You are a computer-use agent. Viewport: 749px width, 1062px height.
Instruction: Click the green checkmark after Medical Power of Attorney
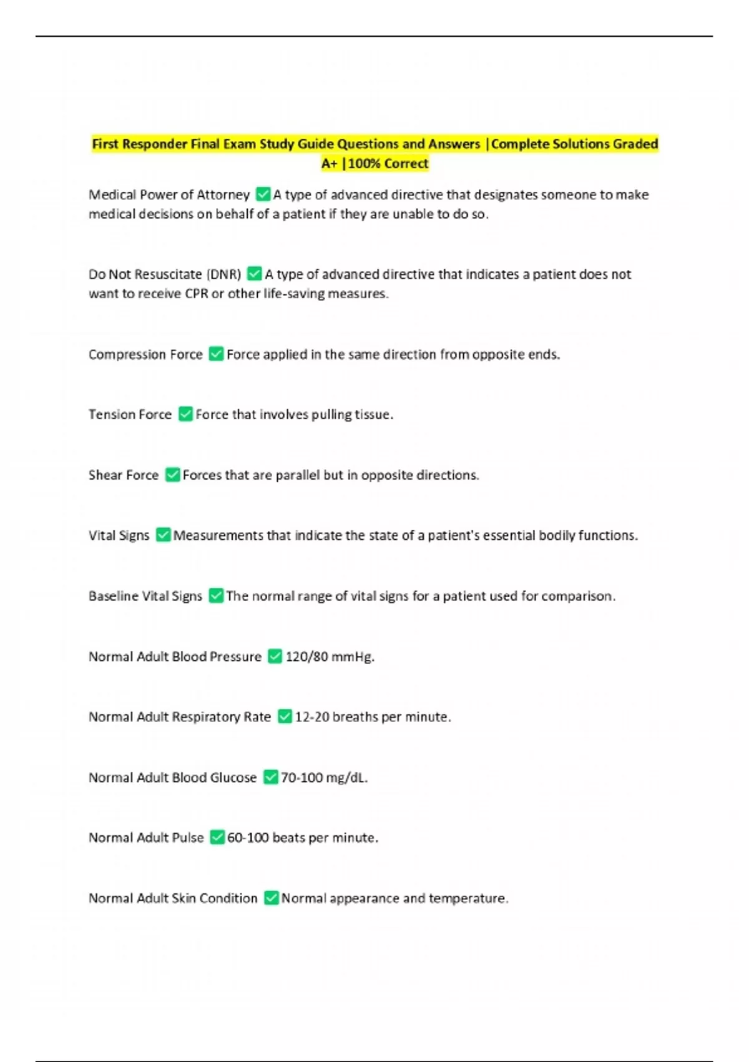click(x=263, y=194)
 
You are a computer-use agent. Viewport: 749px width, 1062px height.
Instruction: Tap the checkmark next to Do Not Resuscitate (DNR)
click(x=254, y=274)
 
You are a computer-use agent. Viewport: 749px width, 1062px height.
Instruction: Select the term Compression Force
click(x=145, y=354)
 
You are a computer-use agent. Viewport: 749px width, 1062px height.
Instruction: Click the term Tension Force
click(x=130, y=414)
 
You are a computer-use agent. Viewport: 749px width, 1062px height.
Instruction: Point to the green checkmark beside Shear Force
click(x=172, y=475)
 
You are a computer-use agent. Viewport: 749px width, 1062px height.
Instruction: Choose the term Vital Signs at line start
click(x=119, y=535)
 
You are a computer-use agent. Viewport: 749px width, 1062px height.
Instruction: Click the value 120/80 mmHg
click(x=330, y=657)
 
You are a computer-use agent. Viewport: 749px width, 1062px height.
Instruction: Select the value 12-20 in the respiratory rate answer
click(x=311, y=717)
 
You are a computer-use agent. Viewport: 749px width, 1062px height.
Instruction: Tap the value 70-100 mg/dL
click(x=324, y=777)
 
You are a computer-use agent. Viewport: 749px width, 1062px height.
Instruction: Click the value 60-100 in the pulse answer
click(x=247, y=837)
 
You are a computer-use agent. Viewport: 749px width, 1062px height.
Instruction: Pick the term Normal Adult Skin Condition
click(x=173, y=898)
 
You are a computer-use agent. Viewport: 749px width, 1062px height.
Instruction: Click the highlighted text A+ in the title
click(x=329, y=164)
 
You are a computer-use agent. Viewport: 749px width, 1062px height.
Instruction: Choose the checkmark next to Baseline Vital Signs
click(x=216, y=596)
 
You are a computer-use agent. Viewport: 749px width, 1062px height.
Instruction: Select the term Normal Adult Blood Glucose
click(x=172, y=777)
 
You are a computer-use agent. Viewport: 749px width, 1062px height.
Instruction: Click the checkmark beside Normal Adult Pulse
click(x=217, y=837)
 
